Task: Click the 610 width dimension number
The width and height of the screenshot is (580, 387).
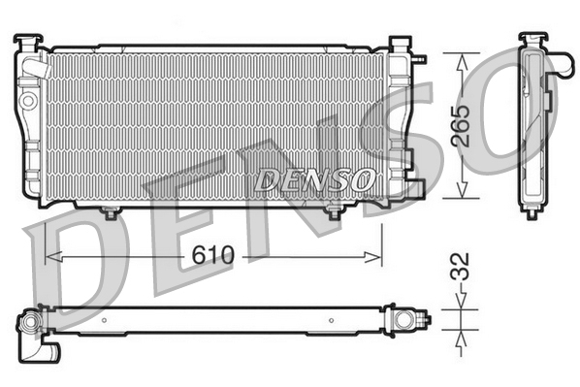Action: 213,256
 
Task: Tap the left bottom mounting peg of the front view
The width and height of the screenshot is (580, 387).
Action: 110,211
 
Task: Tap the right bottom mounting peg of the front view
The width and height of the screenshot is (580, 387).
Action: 335,211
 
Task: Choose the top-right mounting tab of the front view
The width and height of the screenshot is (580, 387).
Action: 399,45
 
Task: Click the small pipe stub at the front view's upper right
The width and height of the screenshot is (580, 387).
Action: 421,57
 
